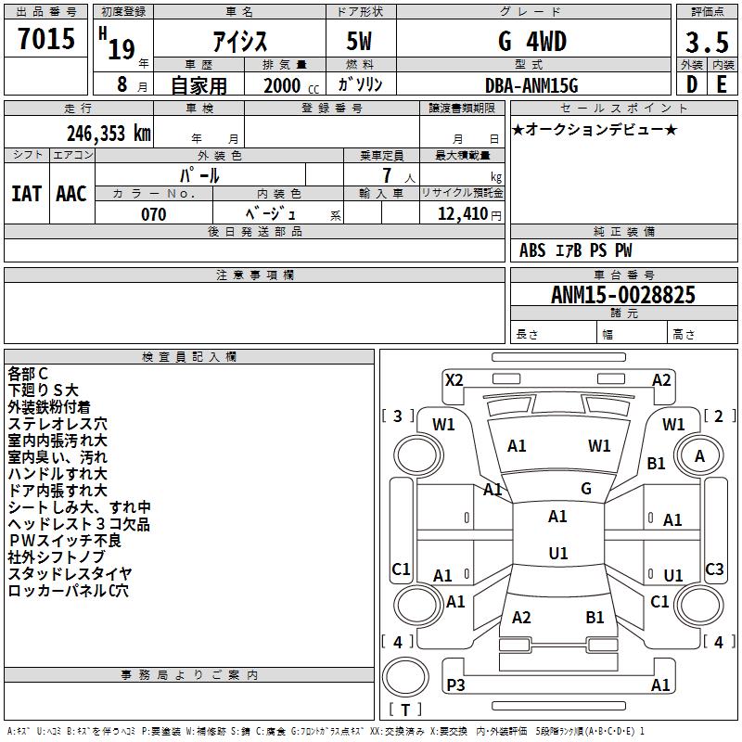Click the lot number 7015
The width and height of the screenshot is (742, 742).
(x=46, y=39)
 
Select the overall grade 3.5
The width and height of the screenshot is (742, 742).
(x=707, y=42)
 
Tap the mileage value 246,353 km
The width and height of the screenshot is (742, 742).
(x=109, y=134)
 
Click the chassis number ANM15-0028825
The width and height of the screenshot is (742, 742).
(x=623, y=295)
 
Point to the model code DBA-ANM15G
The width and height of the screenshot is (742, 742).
(x=531, y=85)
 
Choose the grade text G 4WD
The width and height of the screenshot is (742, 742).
(x=532, y=41)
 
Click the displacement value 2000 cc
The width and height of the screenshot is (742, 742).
(x=291, y=85)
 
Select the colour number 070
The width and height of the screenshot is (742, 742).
(x=154, y=214)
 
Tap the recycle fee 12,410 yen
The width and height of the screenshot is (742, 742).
(x=469, y=214)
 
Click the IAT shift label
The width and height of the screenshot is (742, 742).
(x=26, y=194)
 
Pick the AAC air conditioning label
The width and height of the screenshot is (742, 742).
(x=71, y=194)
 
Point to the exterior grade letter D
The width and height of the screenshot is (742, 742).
(x=692, y=84)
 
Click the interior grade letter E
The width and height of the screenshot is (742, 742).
(x=722, y=84)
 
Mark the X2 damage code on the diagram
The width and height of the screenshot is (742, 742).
(x=454, y=380)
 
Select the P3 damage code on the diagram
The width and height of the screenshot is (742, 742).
(x=455, y=684)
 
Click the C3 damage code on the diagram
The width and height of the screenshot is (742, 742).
(x=714, y=569)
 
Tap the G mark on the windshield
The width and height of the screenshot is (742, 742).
(x=586, y=489)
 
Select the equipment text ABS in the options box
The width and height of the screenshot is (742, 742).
(x=532, y=250)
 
